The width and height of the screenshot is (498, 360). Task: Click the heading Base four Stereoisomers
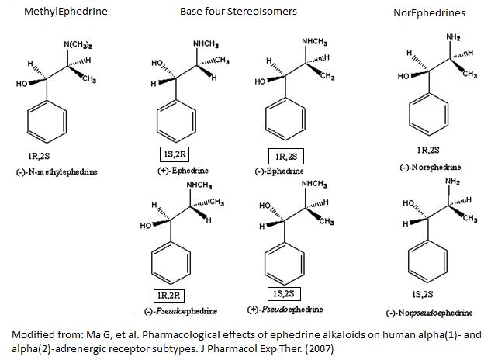coord(238,12)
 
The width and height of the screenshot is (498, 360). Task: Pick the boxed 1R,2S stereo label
coord(286,156)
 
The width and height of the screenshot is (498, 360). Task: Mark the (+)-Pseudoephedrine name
coord(285,310)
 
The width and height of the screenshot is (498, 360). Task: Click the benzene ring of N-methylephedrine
coord(49,122)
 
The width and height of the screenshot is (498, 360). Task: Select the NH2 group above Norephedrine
coord(454,36)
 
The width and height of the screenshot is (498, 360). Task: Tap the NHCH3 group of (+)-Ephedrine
coord(206,43)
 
